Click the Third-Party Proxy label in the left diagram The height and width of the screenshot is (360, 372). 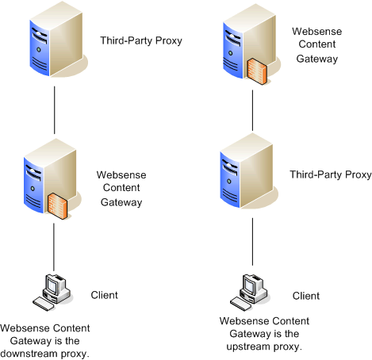(141, 40)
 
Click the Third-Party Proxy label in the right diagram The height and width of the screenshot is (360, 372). (331, 174)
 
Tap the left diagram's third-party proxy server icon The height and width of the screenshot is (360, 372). (57, 40)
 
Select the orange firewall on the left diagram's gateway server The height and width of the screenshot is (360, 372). (57, 206)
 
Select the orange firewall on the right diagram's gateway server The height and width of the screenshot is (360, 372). (257, 71)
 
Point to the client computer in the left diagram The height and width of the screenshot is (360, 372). (52, 292)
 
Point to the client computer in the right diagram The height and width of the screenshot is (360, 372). (250, 292)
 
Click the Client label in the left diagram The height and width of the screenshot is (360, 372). (104, 295)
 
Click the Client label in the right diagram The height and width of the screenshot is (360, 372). (306, 296)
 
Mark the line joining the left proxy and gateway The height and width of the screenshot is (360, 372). (55, 110)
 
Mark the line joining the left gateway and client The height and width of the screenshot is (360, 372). (54, 247)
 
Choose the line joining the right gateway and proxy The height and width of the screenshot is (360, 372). (252, 110)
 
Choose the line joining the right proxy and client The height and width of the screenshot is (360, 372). (252, 242)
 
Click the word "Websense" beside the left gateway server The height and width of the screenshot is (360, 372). (121, 175)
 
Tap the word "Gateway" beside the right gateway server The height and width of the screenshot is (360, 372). (317, 59)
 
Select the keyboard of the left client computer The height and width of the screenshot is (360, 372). (44, 304)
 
